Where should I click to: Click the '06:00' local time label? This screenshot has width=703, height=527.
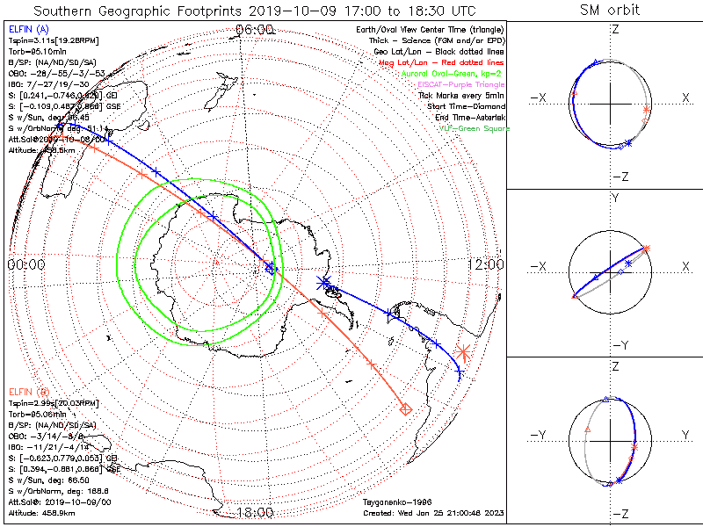pyautogui.click(x=256, y=30)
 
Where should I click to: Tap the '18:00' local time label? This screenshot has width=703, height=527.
pyautogui.click(x=256, y=513)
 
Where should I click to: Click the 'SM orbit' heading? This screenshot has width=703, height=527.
pyautogui.click(x=610, y=10)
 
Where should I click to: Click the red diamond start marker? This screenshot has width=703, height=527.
pyautogui.click(x=406, y=408)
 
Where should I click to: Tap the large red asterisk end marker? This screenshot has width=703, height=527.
pyautogui.click(x=463, y=353)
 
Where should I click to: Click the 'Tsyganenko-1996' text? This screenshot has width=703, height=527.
pyautogui.click(x=395, y=502)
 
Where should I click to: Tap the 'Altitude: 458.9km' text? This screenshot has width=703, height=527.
pyautogui.click(x=41, y=512)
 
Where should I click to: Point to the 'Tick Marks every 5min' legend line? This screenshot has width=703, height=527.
pyautogui.click(x=461, y=95)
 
